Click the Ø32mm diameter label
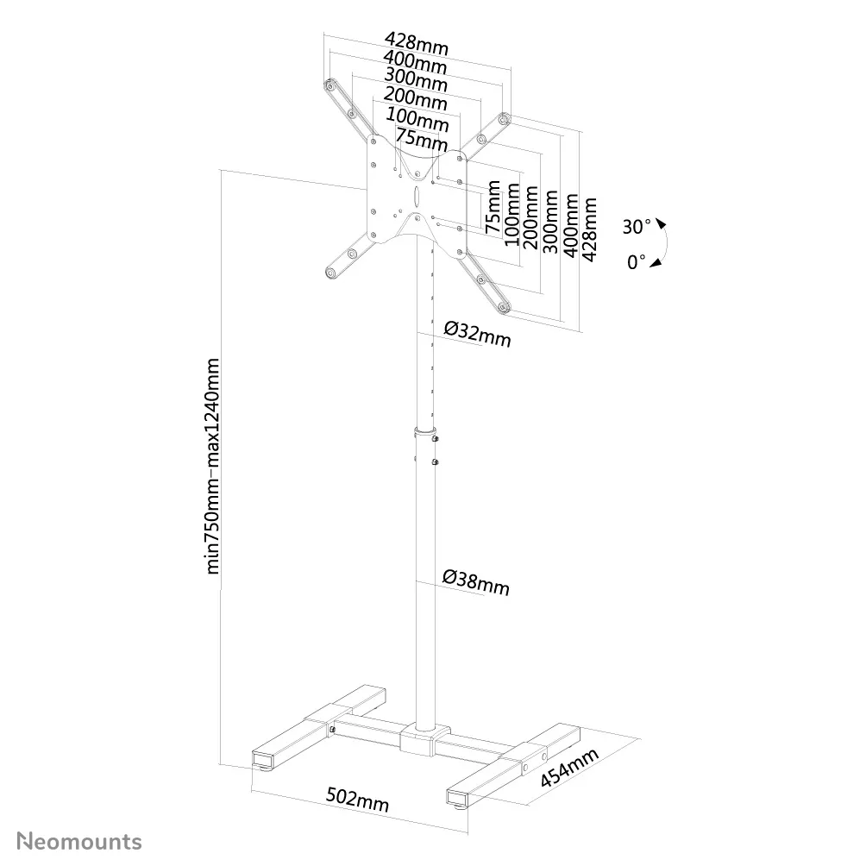click(x=477, y=333)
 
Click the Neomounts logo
click(x=80, y=841)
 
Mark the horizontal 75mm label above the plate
click(x=421, y=137)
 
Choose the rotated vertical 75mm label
click(x=492, y=207)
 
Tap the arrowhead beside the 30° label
click(x=661, y=224)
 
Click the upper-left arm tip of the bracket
click(x=330, y=87)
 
